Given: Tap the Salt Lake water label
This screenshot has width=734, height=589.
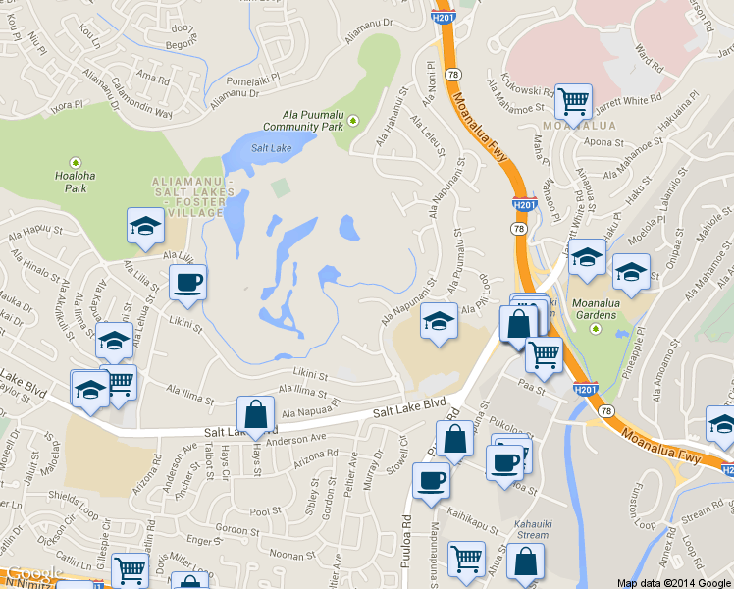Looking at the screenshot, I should (273, 147).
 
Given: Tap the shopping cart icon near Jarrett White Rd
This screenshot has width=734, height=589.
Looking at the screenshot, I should (573, 99).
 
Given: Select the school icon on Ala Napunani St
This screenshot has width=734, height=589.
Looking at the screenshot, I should (439, 320).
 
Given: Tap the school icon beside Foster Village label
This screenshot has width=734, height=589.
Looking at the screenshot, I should (145, 226).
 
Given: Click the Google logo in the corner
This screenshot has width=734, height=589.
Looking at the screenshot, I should (35, 574).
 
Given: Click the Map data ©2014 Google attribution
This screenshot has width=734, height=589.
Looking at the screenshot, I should (673, 582).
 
